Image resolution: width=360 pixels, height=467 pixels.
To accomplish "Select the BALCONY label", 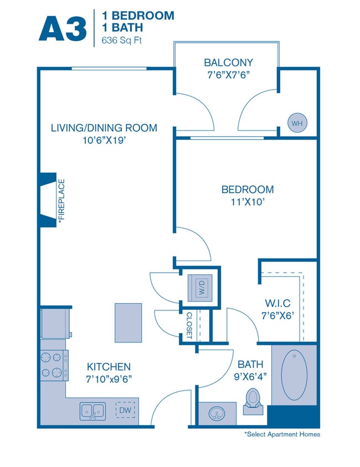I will pos(228,63).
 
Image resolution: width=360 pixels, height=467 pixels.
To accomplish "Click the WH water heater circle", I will pos(297,123).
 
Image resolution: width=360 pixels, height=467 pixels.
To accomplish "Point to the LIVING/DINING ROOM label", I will pos(104,128).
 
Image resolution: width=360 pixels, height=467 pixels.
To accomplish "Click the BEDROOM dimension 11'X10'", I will pos(247,202).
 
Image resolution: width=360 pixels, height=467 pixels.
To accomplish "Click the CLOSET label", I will pos(189,325).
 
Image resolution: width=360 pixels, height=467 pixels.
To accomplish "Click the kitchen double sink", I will pos(92,411).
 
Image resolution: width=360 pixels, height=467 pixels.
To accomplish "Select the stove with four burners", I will pos(54,365).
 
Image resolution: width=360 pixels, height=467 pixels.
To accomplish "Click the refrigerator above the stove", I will pos(55,324).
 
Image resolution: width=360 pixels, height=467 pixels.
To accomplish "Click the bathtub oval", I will pos(294,373).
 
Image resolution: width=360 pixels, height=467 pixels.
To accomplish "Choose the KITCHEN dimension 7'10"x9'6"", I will pos(109,379).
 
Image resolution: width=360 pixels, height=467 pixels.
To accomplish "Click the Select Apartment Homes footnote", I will pos(282,434).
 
